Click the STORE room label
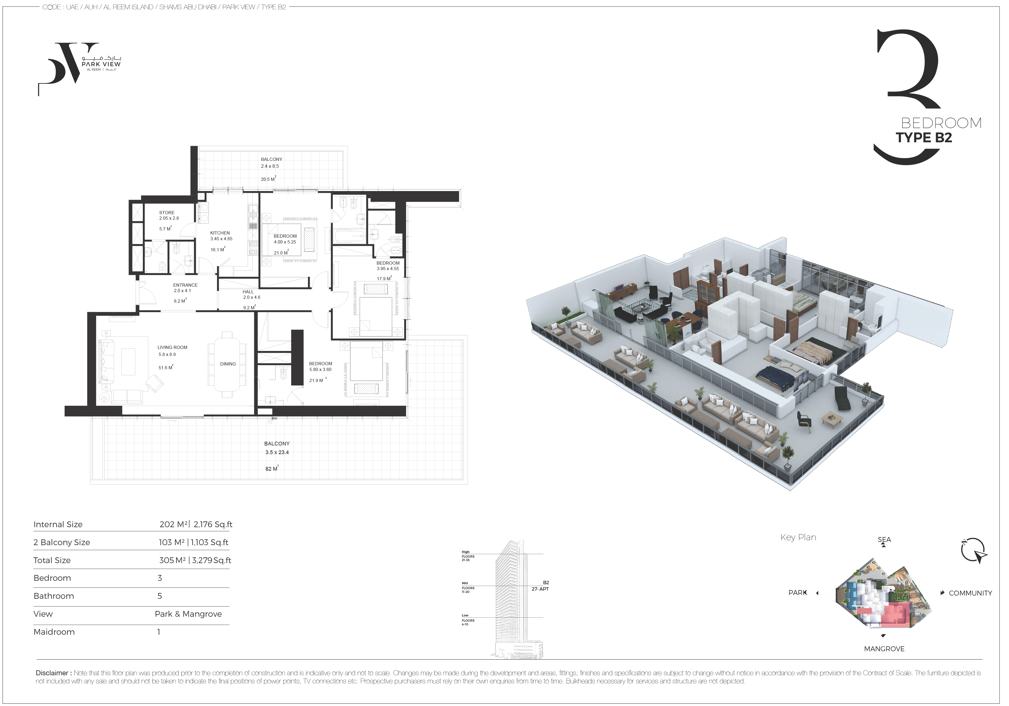[167, 213]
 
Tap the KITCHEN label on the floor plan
[220, 233]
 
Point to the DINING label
[228, 364]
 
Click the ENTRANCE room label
[185, 285]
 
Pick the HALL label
[248, 292]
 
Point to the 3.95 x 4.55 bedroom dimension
[388, 269]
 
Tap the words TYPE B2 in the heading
[924, 138]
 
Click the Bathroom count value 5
[160, 596]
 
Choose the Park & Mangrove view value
[188, 614]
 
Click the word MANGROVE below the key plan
[884, 649]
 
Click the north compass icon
[973, 551]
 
